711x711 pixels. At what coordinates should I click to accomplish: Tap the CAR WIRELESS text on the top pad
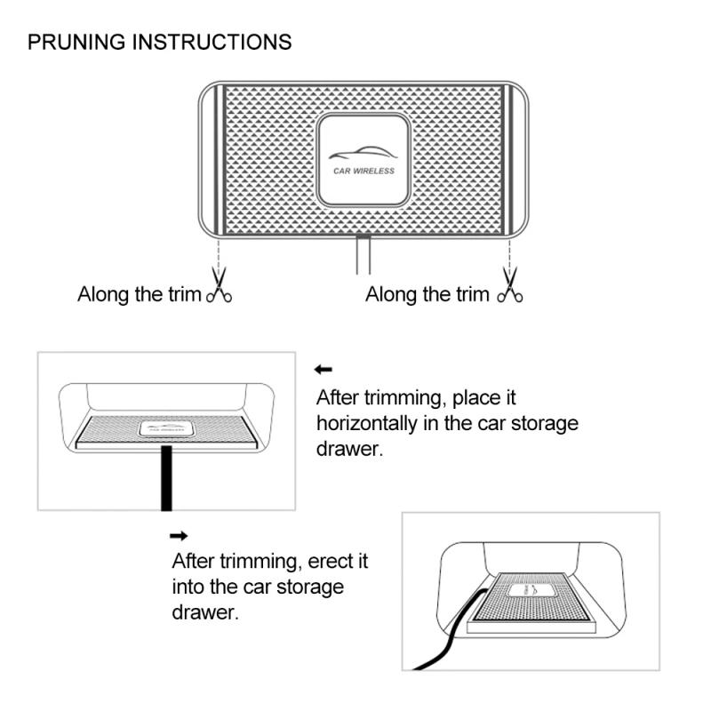[x=363, y=171]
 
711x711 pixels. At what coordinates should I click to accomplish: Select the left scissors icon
[x=219, y=292]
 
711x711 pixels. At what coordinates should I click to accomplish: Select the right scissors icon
[x=510, y=291]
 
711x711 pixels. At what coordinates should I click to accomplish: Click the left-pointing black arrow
[x=324, y=370]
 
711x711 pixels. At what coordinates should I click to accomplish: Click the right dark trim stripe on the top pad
[x=508, y=160]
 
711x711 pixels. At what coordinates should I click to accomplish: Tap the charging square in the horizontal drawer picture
[x=168, y=427]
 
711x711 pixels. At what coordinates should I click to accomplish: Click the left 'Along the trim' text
[x=140, y=294]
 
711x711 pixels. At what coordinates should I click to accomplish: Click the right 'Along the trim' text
[x=427, y=294]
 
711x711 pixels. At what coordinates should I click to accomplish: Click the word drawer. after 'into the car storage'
[x=205, y=612]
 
